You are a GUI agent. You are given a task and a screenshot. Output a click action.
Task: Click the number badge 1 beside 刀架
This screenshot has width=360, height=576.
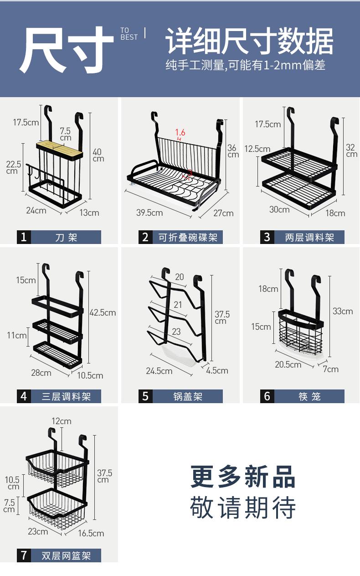[24, 237]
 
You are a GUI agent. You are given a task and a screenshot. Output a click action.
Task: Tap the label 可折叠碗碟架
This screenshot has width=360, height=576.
[187, 237]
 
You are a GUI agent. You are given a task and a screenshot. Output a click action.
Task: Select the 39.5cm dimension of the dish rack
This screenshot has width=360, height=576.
[149, 213]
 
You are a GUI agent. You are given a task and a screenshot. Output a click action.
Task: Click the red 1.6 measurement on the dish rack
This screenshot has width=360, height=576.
[180, 132]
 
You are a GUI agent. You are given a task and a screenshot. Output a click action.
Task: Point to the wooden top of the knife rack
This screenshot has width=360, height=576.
[59, 149]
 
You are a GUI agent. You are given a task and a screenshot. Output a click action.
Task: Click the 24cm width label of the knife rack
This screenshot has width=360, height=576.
[36, 210]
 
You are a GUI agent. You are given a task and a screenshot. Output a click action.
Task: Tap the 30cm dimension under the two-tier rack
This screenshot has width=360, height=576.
[279, 209]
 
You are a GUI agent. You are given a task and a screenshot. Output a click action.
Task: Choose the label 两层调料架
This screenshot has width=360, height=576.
[309, 237]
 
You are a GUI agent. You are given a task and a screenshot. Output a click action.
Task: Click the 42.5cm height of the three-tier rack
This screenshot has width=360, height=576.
[103, 312]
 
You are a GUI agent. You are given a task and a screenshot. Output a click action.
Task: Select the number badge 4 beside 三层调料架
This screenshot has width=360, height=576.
[24, 396]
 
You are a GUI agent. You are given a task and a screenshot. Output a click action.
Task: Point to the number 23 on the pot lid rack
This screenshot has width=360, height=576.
[176, 332]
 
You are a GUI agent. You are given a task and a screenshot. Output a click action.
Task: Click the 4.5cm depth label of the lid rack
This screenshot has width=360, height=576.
[217, 370]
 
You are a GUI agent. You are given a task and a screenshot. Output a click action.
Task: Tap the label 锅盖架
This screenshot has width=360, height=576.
[187, 396]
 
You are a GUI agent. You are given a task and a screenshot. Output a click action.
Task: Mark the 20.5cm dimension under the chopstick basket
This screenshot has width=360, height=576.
[288, 364]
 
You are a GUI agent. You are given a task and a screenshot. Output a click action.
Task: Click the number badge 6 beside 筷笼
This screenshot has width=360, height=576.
[267, 396]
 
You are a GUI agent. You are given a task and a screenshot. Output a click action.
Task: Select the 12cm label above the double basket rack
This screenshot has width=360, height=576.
[61, 421]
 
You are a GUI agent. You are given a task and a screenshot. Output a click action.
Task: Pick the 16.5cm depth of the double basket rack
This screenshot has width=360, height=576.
[91, 533]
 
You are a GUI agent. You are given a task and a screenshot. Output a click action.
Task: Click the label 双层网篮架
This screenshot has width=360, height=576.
[66, 555]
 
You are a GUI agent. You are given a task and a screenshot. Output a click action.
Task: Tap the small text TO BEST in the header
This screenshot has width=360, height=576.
[129, 34]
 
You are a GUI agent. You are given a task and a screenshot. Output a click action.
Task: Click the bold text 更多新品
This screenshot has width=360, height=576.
[243, 477]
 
